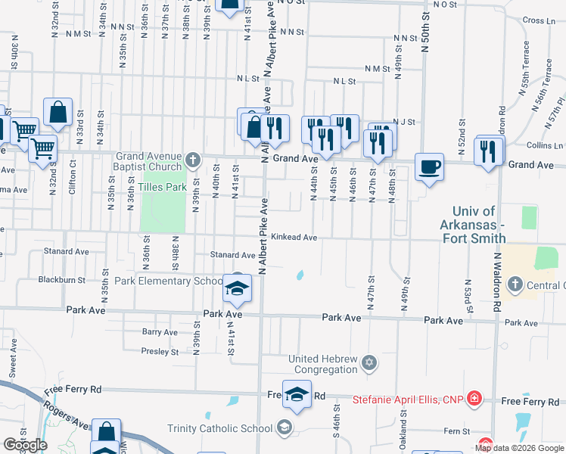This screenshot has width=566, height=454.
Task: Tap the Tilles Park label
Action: tap(162, 186)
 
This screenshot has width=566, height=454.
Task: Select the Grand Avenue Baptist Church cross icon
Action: tap(193, 160)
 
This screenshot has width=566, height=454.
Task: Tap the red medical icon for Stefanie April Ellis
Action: tap(474, 398)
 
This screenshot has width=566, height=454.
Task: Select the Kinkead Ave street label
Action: tap(294, 237)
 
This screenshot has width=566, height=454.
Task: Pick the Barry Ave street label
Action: tap(160, 331)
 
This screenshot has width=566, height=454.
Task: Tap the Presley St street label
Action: tap(160, 351)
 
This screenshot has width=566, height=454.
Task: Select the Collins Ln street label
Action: tap(543, 145)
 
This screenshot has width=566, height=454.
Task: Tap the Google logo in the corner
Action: tap(25, 445)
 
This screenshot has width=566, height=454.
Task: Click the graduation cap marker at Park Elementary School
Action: tap(237, 288)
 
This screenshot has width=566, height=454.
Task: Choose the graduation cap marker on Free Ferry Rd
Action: tap(297, 393)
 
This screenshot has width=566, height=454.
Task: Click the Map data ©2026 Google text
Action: tap(518, 448)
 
